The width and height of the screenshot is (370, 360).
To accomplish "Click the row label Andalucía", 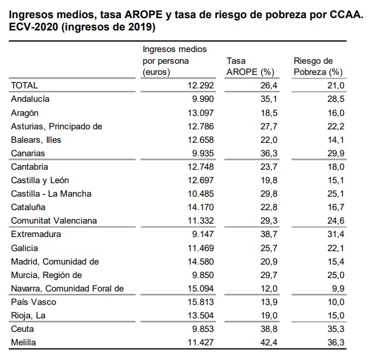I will (30, 100).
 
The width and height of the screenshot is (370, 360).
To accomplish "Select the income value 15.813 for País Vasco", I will (200, 302).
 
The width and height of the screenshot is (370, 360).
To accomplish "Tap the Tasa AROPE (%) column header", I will (250, 67).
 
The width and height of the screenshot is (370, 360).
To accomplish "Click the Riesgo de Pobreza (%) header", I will (317, 67).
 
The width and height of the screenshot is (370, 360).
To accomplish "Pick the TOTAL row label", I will (25, 86).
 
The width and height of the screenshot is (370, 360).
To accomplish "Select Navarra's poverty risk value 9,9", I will (337, 289).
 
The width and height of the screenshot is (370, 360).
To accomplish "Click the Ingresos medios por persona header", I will (174, 61).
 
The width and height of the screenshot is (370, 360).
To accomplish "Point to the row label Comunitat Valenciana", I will (54, 221).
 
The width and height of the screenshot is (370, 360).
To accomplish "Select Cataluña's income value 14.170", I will (200, 207).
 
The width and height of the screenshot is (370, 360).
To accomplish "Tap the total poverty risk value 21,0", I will (334, 86).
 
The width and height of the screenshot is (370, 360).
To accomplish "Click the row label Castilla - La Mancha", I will (52, 194).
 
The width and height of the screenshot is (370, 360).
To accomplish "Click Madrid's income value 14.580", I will (200, 261).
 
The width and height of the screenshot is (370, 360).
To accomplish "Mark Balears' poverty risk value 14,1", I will (334, 140).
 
